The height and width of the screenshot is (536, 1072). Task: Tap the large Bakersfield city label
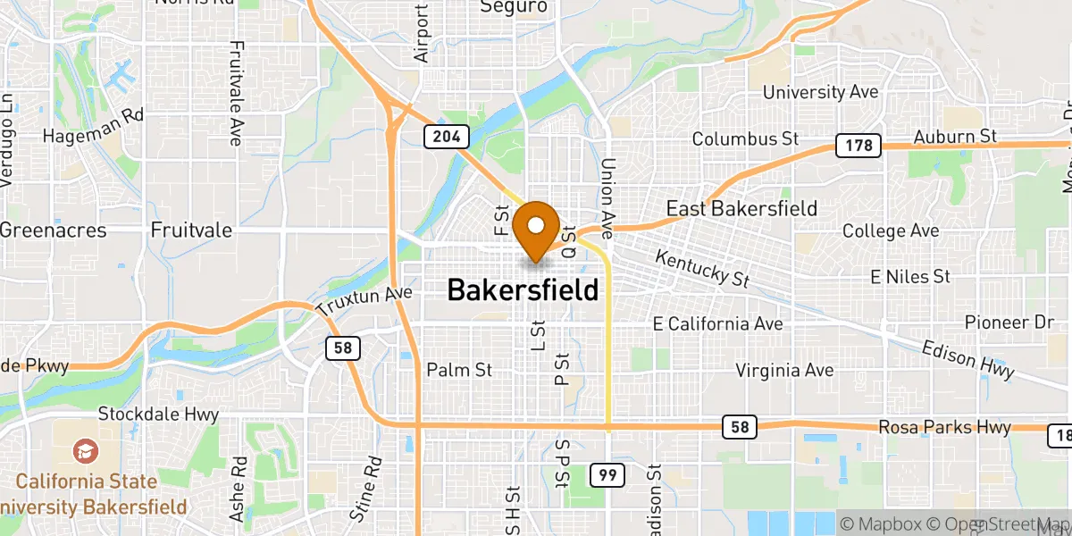point(522,290)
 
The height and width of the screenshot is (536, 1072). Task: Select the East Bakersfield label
point(741,209)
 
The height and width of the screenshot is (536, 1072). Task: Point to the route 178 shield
point(858,146)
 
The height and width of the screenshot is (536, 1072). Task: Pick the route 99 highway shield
point(607,475)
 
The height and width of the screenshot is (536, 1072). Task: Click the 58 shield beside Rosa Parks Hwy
point(740,428)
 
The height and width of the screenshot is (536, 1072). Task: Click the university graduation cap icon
point(84,450)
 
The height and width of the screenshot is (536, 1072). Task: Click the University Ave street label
point(820,92)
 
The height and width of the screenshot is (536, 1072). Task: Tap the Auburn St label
point(954,137)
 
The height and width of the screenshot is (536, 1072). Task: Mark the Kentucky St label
point(701,268)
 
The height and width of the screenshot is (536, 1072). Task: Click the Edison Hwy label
point(967,358)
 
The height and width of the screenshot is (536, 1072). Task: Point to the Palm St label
point(459,369)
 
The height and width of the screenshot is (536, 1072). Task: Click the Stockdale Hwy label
point(158,415)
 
